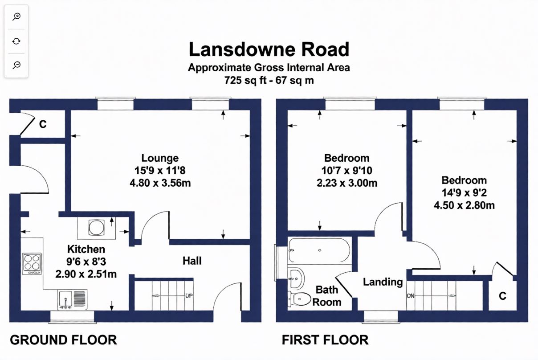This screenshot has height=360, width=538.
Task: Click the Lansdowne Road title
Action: (x=269, y=49)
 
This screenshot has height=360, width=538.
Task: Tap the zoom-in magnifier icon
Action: (x=16, y=17)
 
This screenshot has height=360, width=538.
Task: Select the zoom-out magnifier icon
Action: (x=16, y=65)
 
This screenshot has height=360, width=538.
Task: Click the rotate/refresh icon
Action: (x=16, y=41)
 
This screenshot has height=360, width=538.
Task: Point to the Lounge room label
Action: (x=160, y=158)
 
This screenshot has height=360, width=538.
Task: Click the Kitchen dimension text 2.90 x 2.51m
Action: (x=86, y=274)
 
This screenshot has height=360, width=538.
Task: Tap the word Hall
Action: (x=192, y=261)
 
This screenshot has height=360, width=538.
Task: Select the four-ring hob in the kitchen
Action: (x=32, y=264)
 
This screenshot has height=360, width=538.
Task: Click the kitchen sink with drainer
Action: (x=72, y=299)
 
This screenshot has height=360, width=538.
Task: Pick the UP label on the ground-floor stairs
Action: (x=189, y=295)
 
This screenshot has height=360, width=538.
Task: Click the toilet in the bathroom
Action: (x=299, y=299)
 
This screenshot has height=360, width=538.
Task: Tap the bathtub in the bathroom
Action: (x=319, y=250)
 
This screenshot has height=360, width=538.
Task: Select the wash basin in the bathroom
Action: (x=296, y=279)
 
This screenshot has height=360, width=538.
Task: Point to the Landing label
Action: (x=383, y=282)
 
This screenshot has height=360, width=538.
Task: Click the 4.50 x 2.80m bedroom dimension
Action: (x=464, y=205)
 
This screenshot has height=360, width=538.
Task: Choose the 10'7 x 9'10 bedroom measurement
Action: (x=347, y=171)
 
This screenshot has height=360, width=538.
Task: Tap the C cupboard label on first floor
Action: (x=502, y=296)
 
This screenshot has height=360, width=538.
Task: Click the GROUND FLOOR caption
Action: (x=63, y=340)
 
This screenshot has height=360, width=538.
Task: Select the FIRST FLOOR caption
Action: (x=325, y=340)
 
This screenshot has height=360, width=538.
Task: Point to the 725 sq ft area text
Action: (x=245, y=80)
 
